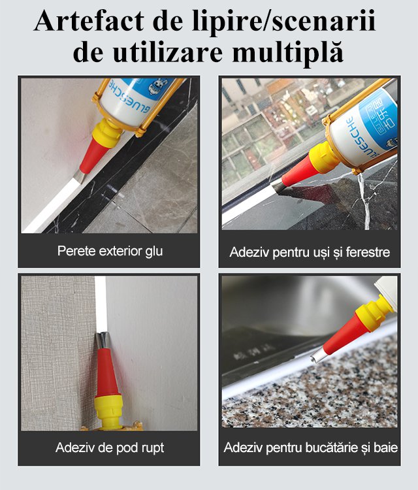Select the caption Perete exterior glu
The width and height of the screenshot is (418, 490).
pos(110,250)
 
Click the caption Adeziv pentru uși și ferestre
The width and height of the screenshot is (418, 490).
pos(310,252)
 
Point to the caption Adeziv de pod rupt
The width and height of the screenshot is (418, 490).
pos(110,448)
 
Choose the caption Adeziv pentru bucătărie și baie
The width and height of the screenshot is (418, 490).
pos(310,448)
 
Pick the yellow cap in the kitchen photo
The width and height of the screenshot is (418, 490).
pos(372,312)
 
